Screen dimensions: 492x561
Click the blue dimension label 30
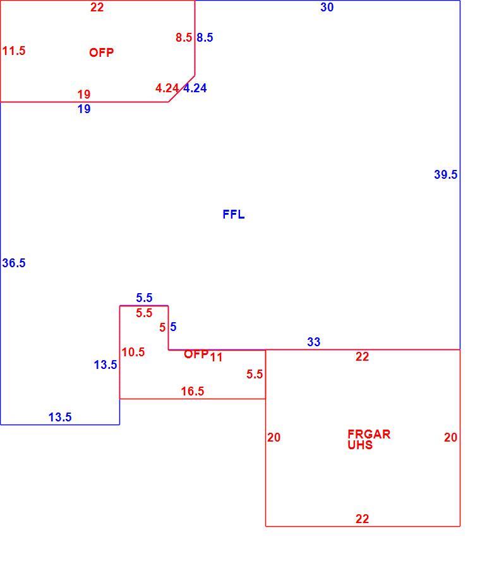coord(327,7)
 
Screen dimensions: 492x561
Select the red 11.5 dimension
coord(14,51)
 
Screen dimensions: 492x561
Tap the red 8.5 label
coord(184,37)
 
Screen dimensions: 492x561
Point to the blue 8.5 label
coord(205,37)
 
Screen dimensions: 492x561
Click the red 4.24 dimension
coord(167,88)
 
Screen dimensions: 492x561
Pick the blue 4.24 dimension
coord(195,88)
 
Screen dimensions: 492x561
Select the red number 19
coord(84,95)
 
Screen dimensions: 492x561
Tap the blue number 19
coord(84,109)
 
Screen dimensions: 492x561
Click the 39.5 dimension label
coord(445,174)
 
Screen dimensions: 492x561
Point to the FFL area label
coord(234,214)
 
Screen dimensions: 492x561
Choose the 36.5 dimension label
coord(14,263)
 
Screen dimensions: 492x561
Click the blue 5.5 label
coord(144,298)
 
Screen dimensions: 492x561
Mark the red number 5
coord(163,327)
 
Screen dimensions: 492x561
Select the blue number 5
coord(173,327)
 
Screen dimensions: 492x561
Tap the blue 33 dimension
coord(313,342)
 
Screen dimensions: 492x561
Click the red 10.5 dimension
coord(133,352)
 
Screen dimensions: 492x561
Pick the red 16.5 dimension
coord(193,391)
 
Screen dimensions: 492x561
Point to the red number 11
coord(216,357)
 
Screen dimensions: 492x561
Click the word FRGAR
coord(369,435)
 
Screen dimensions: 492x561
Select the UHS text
coord(360,445)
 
